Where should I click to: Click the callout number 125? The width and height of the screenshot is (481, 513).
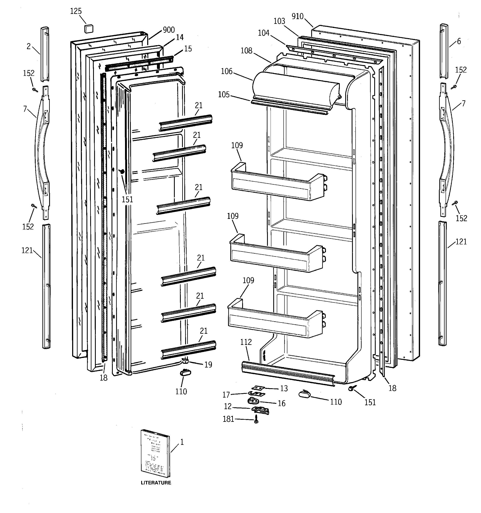(76, 11)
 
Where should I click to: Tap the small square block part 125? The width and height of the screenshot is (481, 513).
(89, 29)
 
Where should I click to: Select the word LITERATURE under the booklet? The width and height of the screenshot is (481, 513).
(156, 483)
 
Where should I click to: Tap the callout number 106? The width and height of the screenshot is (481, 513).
(227, 72)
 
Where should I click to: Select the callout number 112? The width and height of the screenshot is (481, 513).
(246, 342)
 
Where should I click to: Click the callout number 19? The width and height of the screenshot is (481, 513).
(208, 365)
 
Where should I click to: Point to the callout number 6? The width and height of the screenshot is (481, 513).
(459, 41)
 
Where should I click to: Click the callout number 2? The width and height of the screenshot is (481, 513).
(28, 46)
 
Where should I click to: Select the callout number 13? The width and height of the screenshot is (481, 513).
(284, 389)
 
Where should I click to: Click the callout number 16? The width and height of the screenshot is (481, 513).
(281, 403)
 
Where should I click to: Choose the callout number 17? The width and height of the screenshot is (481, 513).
(226, 395)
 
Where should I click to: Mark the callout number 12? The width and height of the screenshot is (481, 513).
(228, 407)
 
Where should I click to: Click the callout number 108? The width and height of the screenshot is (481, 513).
(246, 51)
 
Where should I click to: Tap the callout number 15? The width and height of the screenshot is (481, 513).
(188, 49)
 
